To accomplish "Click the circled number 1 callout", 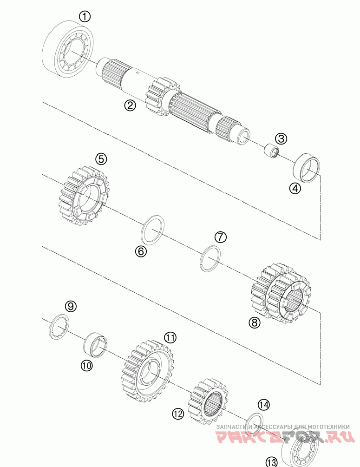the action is tap(84, 17).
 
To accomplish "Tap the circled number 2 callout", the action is tap(130, 105).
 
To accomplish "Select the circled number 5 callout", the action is tap(101, 159).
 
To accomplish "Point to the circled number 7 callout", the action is tap(220, 237).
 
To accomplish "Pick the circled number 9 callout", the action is tap(70, 306).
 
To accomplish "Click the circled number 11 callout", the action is tap(170, 337).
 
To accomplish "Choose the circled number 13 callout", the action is tap(272, 462).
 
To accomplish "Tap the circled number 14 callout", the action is tap(263, 405).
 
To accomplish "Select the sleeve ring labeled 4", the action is tap(308, 167).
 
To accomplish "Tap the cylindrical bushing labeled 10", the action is tap(96, 345).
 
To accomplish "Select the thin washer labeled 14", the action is tap(254, 422).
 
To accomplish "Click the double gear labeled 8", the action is tap(281, 293).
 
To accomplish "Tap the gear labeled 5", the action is tap(84, 198).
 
